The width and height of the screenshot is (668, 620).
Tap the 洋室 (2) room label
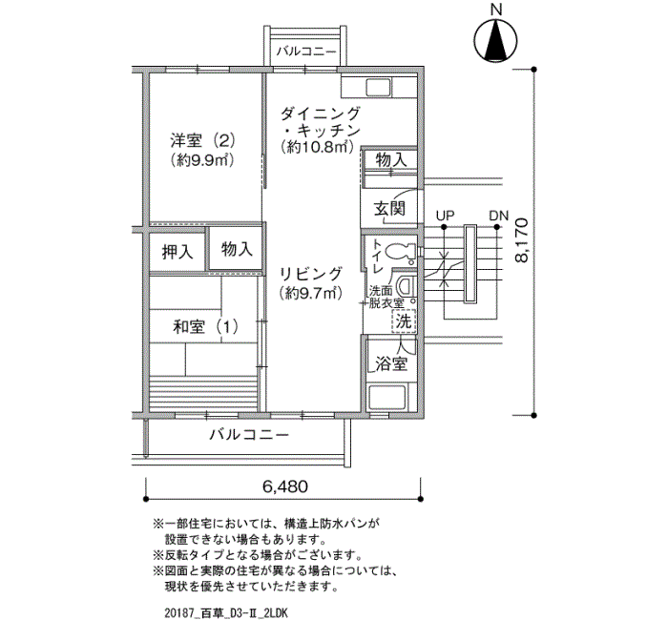coord(202,139)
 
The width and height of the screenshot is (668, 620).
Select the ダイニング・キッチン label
coord(321,122)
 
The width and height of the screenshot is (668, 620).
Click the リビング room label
coord(310,274)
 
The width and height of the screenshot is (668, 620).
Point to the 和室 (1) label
coord(205,327)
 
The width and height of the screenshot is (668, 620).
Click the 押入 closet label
coord(177,252)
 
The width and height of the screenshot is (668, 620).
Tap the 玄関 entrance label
coord(389,209)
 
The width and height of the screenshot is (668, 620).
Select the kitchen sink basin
coord(378,88)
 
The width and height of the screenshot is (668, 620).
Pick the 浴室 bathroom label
coord(391,363)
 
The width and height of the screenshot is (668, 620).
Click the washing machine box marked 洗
coord(404,320)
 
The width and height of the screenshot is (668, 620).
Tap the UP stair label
coord(445,216)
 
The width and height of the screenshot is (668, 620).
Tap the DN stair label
coord(498,216)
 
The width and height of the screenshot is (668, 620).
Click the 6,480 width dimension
coord(284,486)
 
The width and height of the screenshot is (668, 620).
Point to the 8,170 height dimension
coord(521,240)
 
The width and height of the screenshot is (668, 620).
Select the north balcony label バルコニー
coord(306,52)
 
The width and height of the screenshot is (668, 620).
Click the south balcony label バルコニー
coord(249,435)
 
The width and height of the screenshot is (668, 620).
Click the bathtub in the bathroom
coord(388,398)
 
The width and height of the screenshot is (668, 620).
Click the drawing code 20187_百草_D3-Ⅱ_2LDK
coord(226,613)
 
